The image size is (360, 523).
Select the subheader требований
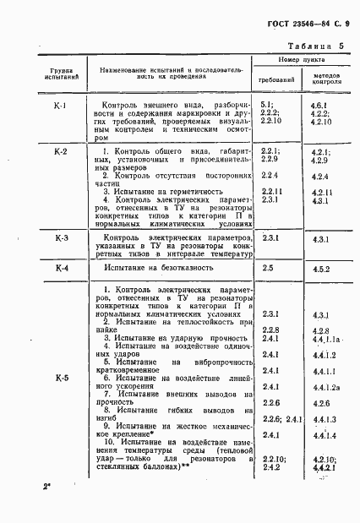pos(281,79)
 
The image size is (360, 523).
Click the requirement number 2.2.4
pos(270,175)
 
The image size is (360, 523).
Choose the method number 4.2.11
pos(322,192)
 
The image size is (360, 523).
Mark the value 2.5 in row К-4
pos(268,268)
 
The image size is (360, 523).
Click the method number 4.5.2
pos(320,268)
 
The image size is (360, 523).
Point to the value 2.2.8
pos(270,329)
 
